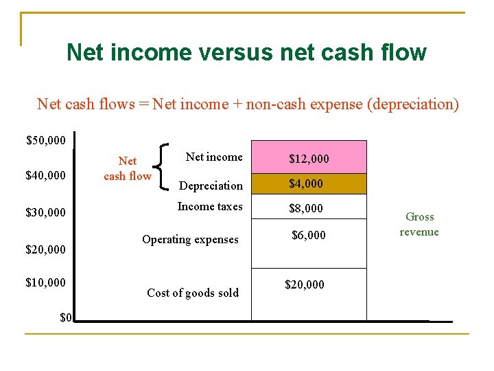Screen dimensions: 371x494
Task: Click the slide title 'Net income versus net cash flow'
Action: (246, 52)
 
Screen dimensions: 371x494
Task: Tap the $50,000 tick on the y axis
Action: (46, 141)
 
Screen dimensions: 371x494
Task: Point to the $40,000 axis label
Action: (46, 176)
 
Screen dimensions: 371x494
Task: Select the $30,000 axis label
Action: (46, 212)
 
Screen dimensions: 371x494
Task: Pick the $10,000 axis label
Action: (46, 283)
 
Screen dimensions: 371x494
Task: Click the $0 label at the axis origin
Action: (66, 317)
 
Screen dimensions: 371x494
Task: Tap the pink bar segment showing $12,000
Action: (309, 158)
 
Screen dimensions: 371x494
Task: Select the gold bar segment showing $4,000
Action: (309, 184)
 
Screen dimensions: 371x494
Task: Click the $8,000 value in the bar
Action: (306, 208)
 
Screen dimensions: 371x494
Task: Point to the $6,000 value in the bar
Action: (309, 235)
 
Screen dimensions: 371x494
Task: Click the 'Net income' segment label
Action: (214, 157)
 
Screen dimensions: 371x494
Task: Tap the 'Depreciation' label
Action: (211, 185)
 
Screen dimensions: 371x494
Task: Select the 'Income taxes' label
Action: (210, 206)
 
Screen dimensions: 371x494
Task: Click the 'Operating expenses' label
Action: (190, 240)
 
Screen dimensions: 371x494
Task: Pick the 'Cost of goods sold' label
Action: (193, 293)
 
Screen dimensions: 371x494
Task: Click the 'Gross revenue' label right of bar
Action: (419, 224)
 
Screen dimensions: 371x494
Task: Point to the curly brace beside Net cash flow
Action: (165, 166)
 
